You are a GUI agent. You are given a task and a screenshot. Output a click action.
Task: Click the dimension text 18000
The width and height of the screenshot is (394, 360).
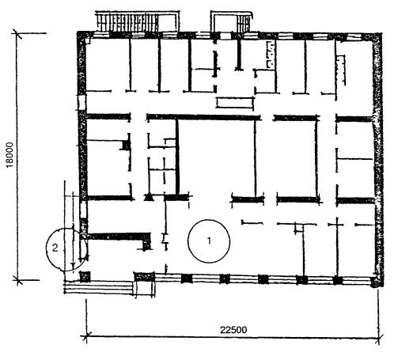[9, 155]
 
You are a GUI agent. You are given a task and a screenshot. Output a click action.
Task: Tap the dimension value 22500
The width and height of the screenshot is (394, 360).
[233, 330]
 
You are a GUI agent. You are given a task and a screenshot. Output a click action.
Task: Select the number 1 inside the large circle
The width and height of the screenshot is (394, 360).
[209, 241]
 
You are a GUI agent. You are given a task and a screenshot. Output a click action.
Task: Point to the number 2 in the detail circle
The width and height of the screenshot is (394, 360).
[55, 248]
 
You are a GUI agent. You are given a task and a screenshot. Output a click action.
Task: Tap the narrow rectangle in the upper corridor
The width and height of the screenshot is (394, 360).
[234, 103]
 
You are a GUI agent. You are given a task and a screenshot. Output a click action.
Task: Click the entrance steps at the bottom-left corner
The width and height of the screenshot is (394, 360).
[99, 287]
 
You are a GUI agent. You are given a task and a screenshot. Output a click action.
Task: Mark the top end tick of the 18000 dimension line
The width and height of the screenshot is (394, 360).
[17, 33]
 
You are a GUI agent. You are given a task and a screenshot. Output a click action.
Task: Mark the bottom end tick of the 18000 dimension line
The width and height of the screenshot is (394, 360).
[17, 280]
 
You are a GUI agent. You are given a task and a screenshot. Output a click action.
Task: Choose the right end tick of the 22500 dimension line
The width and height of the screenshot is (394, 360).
[379, 337]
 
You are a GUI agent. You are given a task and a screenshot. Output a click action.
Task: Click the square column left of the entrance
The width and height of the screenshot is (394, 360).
[85, 277]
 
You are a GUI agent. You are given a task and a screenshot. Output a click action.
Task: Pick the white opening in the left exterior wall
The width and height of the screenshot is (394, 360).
[81, 103]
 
